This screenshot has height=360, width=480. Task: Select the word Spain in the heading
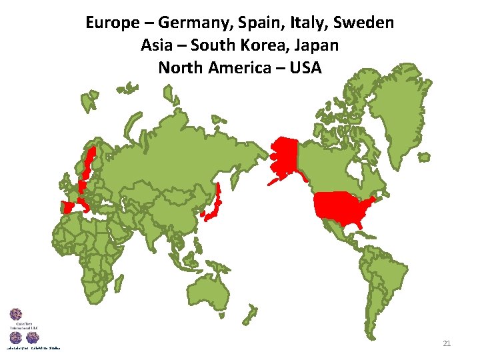[252, 23]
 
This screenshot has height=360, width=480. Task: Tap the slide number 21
[447, 343]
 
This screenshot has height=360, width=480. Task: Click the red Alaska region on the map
[283, 157]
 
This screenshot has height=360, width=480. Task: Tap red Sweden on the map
[87, 164]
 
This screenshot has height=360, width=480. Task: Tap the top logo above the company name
[16, 315]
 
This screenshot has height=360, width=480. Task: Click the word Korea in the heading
[265, 46]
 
